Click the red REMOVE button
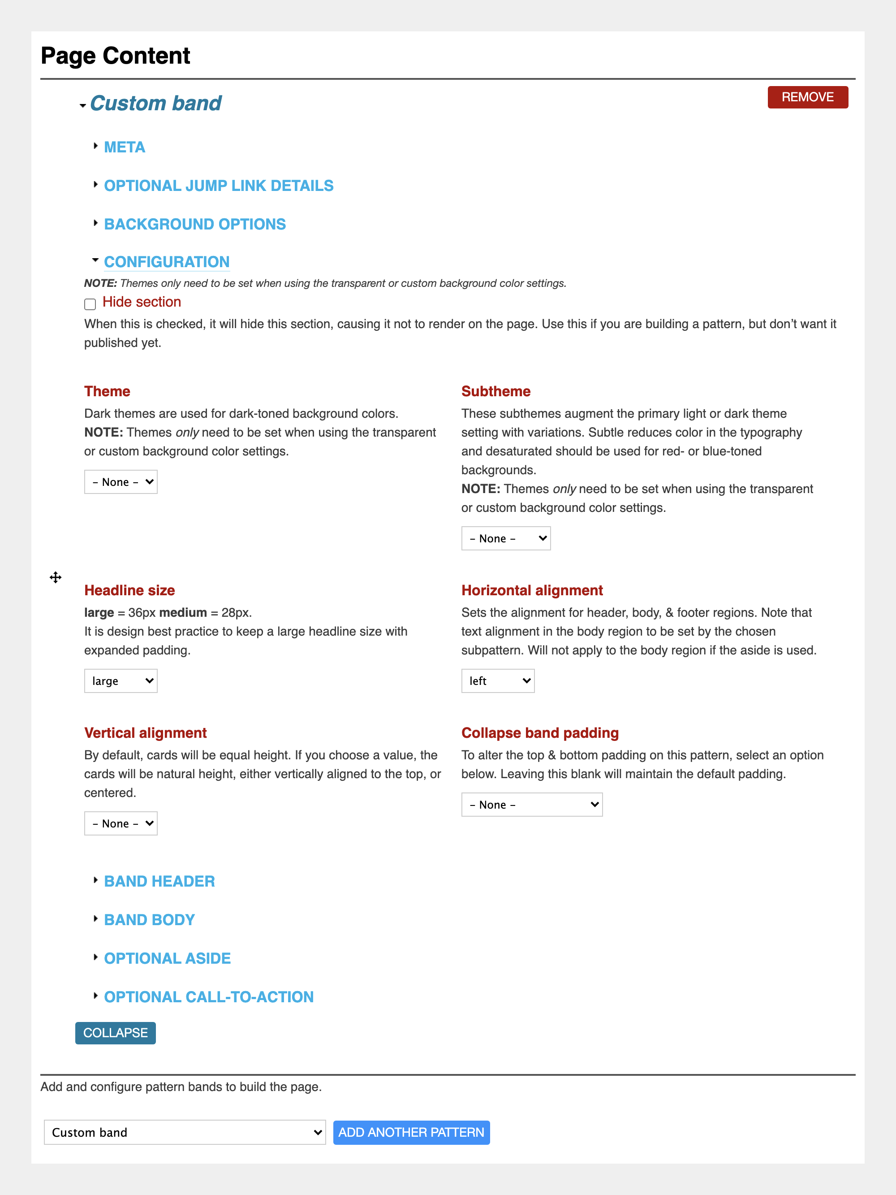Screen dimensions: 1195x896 807,97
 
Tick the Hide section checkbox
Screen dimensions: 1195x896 90,303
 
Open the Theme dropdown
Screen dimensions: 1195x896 121,482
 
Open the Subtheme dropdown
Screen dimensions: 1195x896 505,539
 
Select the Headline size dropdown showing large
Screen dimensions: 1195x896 121,681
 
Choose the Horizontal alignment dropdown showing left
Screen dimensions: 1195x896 497,681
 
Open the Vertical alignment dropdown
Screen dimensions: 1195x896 121,823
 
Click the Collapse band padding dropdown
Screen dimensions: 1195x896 531,805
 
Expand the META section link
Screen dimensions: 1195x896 124,147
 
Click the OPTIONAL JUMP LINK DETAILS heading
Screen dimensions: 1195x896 218,186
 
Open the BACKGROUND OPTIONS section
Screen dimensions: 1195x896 194,224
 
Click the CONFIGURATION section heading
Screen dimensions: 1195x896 166,262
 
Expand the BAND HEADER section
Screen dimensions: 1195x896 159,881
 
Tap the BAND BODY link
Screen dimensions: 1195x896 149,919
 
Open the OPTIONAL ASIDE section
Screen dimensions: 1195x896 167,958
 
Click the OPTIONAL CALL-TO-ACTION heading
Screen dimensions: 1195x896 208,997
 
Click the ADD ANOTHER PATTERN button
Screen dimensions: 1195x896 411,1132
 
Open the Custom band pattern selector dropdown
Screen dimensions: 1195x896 184,1132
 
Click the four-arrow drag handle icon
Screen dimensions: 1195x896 56,577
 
